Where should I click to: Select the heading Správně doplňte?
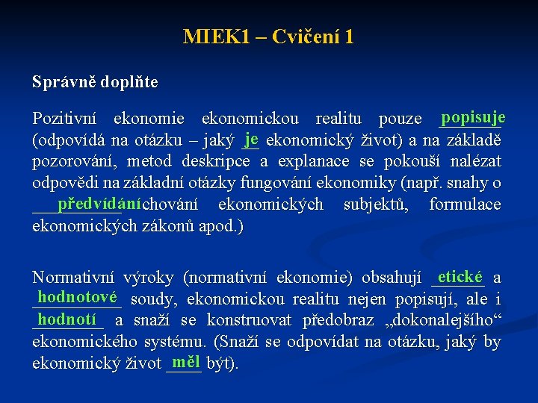pyautogui.click(x=95, y=82)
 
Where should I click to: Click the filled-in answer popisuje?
pyautogui.click(x=473, y=118)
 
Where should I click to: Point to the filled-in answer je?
pyautogui.click(x=251, y=138)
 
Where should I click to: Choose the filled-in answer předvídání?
pyautogui.click(x=99, y=203)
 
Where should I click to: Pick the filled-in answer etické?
pyautogui.click(x=460, y=277)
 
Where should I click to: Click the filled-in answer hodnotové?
pyautogui.click(x=77, y=298)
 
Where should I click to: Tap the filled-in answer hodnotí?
pyautogui.click(x=67, y=319)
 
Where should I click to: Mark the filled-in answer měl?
pyautogui.click(x=185, y=362)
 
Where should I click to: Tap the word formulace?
pyautogui.click(x=465, y=204)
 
